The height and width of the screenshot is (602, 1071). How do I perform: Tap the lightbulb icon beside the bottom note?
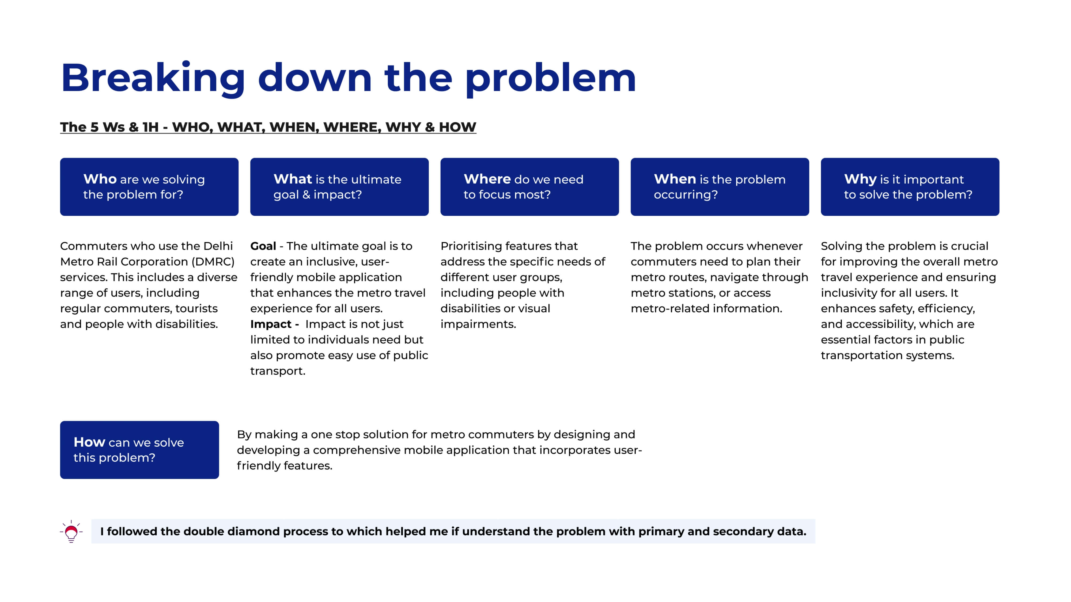71,531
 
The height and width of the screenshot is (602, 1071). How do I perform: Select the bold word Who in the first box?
100,179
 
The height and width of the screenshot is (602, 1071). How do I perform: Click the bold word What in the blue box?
293,179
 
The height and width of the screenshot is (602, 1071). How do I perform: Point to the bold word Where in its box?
487,179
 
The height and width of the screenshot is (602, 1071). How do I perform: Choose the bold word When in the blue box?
675,179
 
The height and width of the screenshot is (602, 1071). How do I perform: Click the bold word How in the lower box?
89,442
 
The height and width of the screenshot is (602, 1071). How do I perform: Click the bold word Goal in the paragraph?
263,246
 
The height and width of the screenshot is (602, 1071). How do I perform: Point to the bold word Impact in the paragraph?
271,324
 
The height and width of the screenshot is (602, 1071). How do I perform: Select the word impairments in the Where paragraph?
478,324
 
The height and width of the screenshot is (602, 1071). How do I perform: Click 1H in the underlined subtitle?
150,127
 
